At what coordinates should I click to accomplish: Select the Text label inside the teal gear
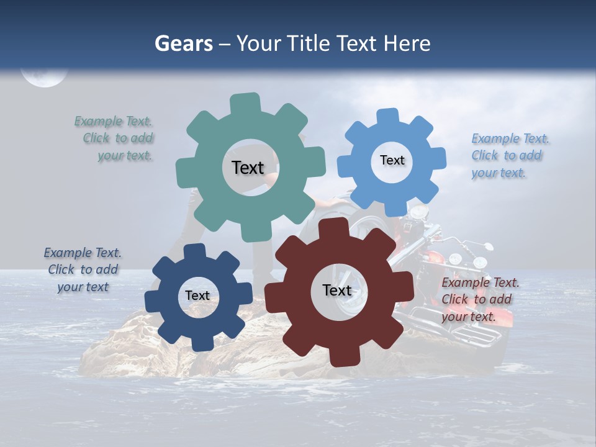coord(248,168)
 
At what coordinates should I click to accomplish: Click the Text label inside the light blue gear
coord(392,160)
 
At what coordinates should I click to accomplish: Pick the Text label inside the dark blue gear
coord(197,296)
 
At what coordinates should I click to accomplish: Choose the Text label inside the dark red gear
coord(337,290)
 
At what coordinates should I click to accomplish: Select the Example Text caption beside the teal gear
coord(115,138)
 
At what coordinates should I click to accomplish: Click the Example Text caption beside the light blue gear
coord(510,155)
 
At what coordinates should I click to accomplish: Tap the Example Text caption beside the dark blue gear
coord(83,269)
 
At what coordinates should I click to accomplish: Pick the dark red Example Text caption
coord(479,299)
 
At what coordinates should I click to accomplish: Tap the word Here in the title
coord(407,43)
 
